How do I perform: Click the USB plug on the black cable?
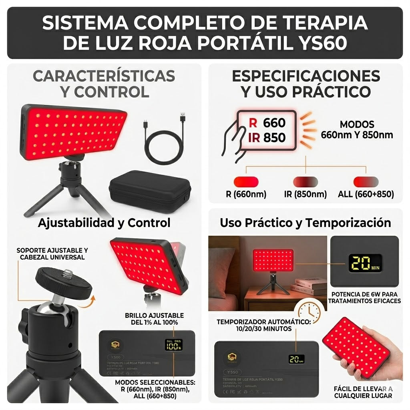click(183, 118)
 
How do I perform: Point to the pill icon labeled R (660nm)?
click(246, 181)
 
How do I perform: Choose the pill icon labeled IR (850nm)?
click(305, 181)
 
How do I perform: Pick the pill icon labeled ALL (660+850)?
click(366, 181)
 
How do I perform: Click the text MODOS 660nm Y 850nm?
click(357, 130)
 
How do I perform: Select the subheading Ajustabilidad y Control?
click(104, 223)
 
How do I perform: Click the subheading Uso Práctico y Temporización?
click(305, 223)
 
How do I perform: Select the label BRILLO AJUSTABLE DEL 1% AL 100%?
click(154, 319)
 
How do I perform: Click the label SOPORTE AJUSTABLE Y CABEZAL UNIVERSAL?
click(52, 253)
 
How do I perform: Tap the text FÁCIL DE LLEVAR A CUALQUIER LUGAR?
click(363, 392)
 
